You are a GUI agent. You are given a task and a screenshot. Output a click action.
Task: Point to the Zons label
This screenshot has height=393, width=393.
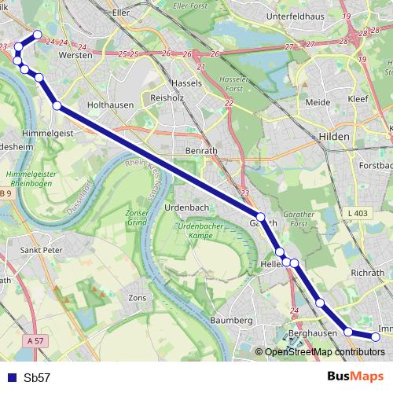pos(138,299)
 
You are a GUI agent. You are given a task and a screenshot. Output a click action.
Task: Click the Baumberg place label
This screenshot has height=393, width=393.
pos(232,321)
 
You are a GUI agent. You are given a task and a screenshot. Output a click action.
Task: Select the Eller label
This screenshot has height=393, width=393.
pos(121,13)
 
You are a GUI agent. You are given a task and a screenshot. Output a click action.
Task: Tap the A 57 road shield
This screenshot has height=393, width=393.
pos(33,341)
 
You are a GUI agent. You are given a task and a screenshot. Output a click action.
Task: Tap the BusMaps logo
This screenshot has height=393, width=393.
pos(355,376)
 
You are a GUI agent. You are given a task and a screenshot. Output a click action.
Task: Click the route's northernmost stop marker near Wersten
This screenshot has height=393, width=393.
pos(37,35)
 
